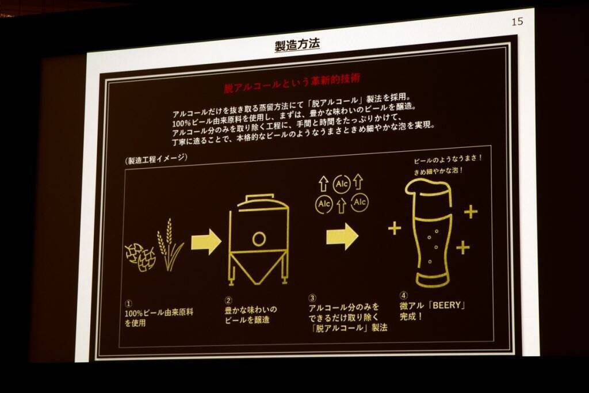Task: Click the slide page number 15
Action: (517, 21)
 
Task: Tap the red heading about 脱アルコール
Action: (292, 83)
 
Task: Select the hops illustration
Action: (140, 256)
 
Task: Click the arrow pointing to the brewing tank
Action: (206, 242)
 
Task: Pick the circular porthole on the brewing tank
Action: (259, 239)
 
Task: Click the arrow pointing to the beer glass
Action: (342, 236)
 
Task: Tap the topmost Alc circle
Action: (342, 184)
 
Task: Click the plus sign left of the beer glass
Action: (395, 228)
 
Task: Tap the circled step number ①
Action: (128, 304)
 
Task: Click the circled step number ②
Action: (228, 300)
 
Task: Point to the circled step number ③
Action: (312, 298)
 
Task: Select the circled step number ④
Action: (403, 295)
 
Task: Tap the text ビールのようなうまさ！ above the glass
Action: (448, 159)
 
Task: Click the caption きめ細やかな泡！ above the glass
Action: (438, 171)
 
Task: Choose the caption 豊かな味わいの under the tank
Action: (251, 310)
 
